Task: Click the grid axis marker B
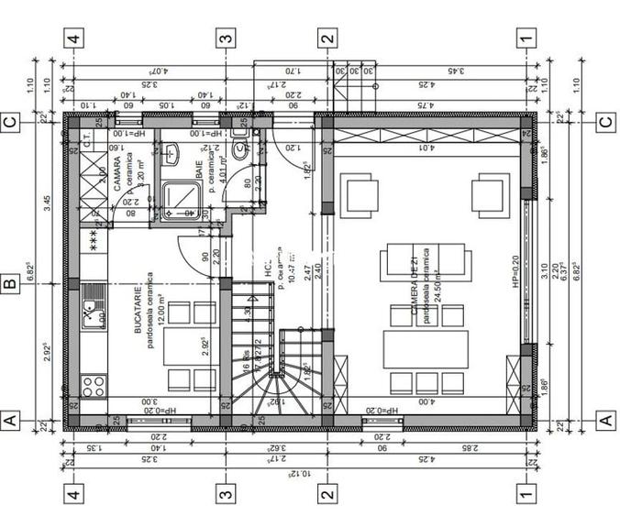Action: tap(10, 283)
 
